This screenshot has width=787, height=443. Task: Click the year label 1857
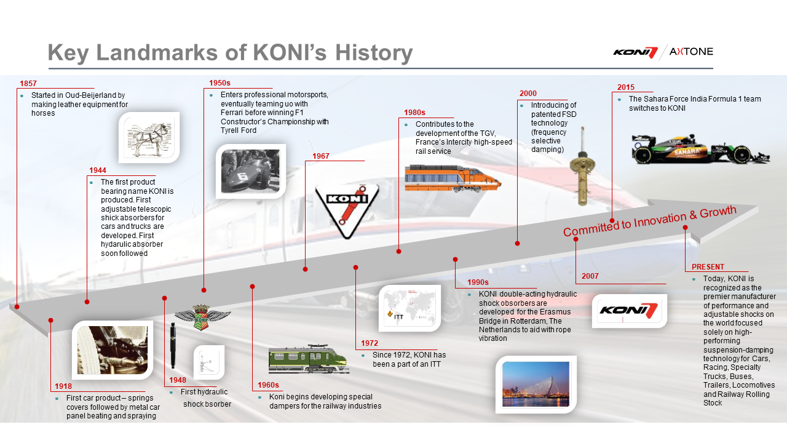coord(28,83)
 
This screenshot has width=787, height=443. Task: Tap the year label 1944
coord(98,170)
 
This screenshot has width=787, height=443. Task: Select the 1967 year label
coord(321,156)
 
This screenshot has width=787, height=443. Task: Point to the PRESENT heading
coord(708,267)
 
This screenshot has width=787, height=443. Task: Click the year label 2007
coord(590,276)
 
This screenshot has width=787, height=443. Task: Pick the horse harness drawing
coord(149,137)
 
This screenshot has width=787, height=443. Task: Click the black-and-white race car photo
coord(250,171)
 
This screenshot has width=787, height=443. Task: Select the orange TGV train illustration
coord(453,178)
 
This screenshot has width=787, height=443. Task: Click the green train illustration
coord(308,359)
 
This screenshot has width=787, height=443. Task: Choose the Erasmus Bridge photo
coord(536,385)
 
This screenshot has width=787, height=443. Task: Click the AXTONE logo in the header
coord(691,52)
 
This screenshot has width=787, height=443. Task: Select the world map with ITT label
coord(409,308)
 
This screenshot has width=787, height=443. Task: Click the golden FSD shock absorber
coord(582,166)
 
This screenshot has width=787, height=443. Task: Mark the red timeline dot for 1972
coord(355,268)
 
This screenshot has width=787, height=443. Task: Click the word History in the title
coord(374,53)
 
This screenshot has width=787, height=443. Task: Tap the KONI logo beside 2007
coord(629,311)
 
